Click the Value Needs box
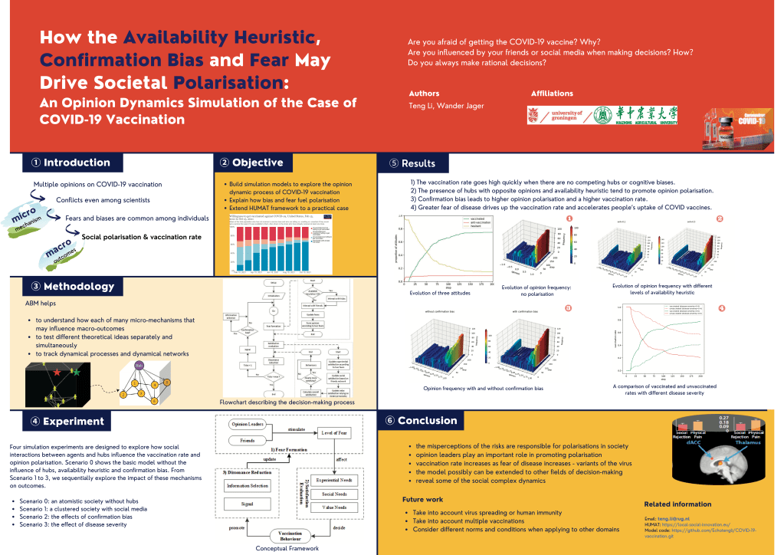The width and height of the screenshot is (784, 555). point(334,507)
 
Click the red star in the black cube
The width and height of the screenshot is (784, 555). point(57,372)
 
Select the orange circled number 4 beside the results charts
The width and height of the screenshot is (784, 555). point(720,308)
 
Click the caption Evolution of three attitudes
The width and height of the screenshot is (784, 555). point(441,293)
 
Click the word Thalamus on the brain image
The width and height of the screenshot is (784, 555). point(748,442)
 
